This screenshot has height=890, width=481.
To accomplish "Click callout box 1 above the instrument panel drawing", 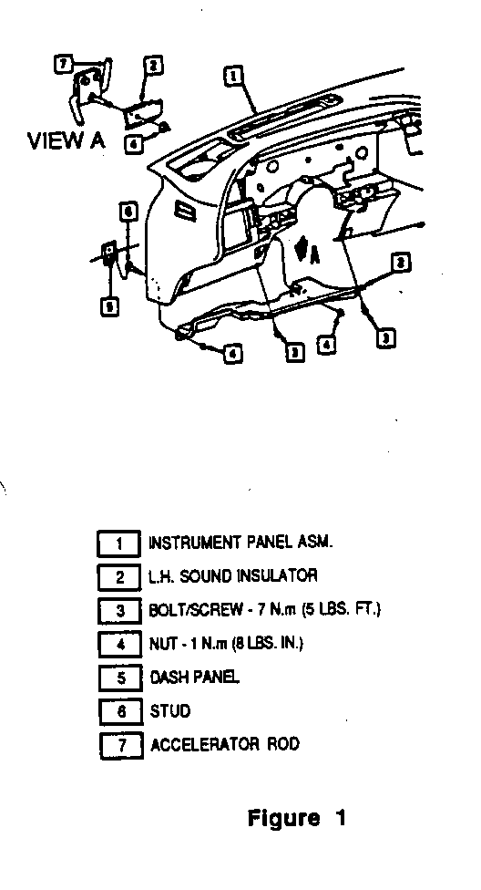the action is tap(233, 76).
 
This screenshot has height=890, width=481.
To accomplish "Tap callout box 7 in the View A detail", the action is tap(62, 63).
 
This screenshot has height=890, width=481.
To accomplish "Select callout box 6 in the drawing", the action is tap(128, 212).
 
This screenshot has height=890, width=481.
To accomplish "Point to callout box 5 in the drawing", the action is tap(109, 307).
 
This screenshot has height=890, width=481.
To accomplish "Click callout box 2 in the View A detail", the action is tap(153, 66).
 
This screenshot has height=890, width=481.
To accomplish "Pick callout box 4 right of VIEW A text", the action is tap(133, 144).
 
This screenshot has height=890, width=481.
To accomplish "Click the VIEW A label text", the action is tap(67, 140).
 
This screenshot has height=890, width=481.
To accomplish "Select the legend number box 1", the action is tap(119, 543).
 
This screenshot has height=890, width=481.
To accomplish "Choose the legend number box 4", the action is tap(120, 645).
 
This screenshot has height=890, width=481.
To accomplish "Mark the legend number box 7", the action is tap(122, 745).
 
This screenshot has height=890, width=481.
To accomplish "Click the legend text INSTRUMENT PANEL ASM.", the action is tap(240, 542).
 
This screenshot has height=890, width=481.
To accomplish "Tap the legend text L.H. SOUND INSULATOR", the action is tap(233, 576).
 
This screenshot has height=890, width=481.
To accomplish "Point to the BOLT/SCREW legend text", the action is tap(265, 610).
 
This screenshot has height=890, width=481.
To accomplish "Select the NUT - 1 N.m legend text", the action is tap(226, 644).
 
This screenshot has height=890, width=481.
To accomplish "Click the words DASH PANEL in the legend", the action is tap(195, 677).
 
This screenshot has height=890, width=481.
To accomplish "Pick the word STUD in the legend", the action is tap(170, 710).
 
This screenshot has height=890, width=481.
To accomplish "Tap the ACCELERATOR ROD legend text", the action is tap(225, 744).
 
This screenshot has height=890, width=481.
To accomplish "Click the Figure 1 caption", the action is tap(297, 818).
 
